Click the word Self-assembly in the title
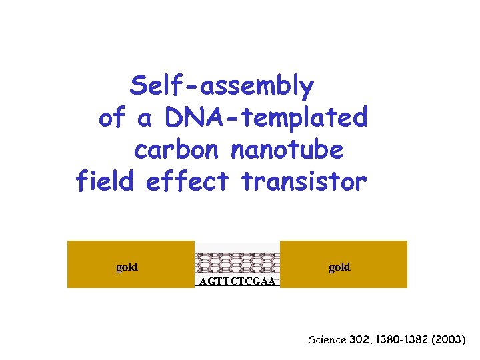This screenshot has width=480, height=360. tap(222, 86)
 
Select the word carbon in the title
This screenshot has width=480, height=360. tap(176, 151)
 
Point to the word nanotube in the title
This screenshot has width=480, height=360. tap(287, 150)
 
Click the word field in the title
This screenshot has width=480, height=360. tap(107, 181)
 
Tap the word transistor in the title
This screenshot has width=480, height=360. tap(303, 181)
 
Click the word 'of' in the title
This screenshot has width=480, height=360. tap(112, 118)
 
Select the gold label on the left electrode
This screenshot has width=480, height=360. tap(127, 267)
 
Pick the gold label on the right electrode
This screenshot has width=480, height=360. tap(339, 267)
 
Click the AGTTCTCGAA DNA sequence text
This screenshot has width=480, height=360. tap(237, 281)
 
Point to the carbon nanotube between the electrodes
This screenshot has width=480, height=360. tap(237, 263)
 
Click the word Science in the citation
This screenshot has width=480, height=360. tap(327, 340)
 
